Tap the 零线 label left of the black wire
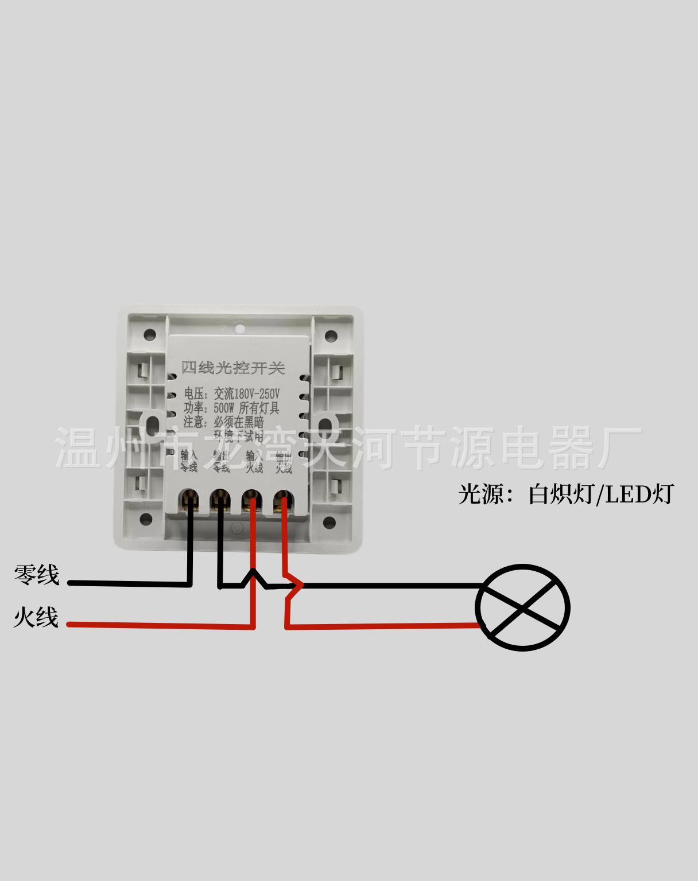36,575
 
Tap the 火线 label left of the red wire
36,618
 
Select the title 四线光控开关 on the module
232,368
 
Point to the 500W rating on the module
224,408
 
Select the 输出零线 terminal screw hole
219,499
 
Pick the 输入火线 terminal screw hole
251,499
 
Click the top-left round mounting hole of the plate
149,333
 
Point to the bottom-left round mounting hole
149,521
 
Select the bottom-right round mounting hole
329,522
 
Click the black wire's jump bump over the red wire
252,576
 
